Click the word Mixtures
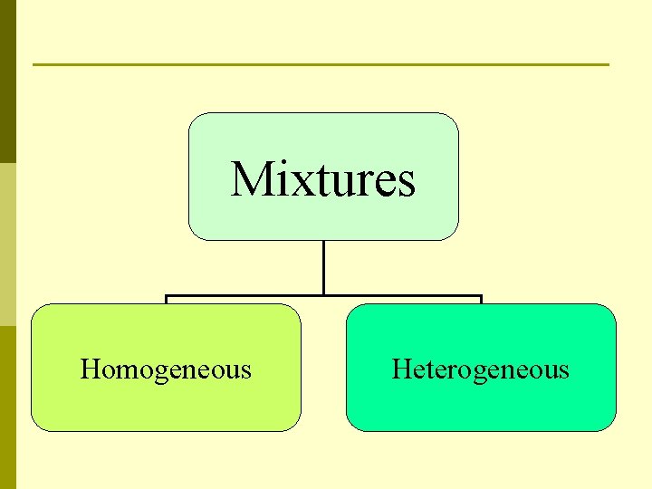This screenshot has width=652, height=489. pyautogui.click(x=323, y=178)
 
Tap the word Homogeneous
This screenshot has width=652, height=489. pyautogui.click(x=166, y=369)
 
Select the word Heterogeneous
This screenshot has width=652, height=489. pyautogui.click(x=480, y=369)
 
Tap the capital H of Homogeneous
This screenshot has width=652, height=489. pyautogui.click(x=89, y=369)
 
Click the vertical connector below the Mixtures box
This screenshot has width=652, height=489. pyautogui.click(x=323, y=267)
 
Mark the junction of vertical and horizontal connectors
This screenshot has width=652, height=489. pyautogui.click(x=323, y=295)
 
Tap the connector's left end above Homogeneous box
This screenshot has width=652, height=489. pyautogui.click(x=166, y=297)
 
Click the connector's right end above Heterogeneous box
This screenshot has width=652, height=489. pyautogui.click(x=481, y=297)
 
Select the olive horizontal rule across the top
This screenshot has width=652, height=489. pyautogui.click(x=321, y=64)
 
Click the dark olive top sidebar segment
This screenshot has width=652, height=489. pyautogui.click(x=7, y=81)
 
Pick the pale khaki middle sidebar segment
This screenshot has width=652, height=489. pyautogui.click(x=7, y=244)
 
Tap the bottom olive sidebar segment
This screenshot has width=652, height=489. pyautogui.click(x=7, y=407)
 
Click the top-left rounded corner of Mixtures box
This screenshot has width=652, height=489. pyautogui.click(x=193, y=119)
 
